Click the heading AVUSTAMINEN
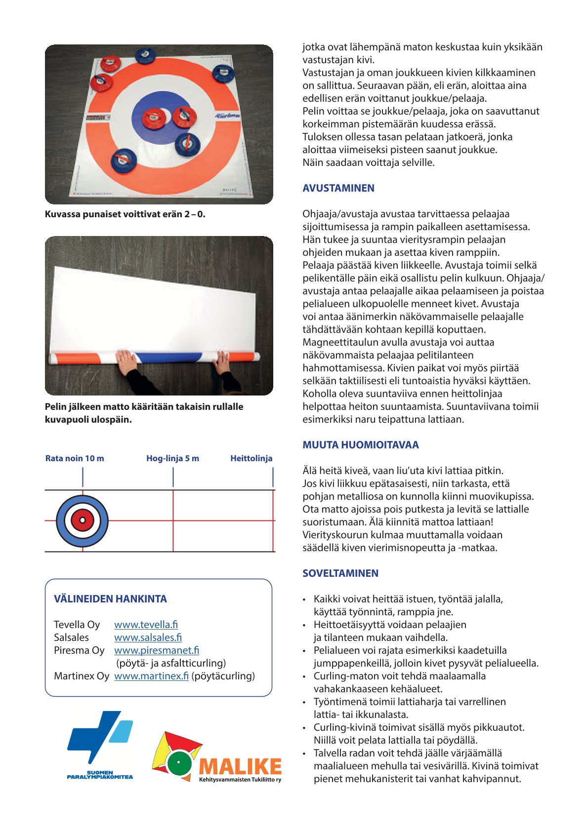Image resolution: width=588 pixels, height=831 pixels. point(338,188)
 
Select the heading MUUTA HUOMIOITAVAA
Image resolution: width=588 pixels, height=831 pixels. point(360,445)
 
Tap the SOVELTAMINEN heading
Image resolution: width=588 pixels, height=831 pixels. point(340,573)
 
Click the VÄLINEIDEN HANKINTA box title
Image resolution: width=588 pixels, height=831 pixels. point(110,599)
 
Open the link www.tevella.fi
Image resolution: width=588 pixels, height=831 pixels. point(146,625)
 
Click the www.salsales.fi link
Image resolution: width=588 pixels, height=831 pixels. point(148,637)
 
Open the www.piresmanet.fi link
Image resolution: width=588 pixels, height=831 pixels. point(157,650)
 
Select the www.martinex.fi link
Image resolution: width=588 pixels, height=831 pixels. point(151,676)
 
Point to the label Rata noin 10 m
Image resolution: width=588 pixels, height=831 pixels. point(75,458)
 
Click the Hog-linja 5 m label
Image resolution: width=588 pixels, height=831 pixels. point(172,458)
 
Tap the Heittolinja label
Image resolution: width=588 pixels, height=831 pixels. point(251,458)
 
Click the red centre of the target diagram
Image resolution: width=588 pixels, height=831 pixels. point(83,520)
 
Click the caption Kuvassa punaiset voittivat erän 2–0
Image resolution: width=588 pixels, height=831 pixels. point(125,214)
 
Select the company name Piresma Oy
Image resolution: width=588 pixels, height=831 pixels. point(79,650)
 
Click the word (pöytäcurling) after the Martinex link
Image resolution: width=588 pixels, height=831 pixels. point(223,676)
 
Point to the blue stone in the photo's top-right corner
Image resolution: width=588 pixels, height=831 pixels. point(223,73)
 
